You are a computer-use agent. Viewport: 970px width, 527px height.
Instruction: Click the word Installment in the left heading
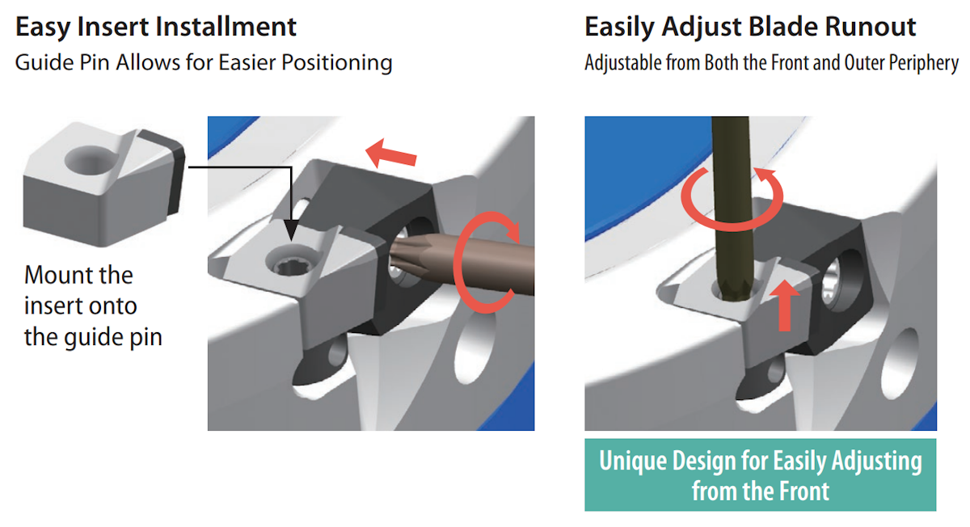click(226, 27)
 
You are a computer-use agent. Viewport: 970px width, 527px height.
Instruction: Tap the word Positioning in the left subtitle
click(337, 64)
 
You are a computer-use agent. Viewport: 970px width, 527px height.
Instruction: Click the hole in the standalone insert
click(90, 159)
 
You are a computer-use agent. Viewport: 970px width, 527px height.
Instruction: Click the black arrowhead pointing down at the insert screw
click(292, 230)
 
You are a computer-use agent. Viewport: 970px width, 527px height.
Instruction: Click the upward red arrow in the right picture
click(785, 306)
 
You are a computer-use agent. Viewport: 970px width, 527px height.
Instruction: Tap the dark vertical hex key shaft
click(731, 208)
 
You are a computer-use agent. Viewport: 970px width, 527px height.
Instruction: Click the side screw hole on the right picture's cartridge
click(839, 280)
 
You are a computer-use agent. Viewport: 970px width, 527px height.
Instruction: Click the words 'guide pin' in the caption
click(113, 337)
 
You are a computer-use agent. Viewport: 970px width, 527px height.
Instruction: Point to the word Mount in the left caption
click(61, 275)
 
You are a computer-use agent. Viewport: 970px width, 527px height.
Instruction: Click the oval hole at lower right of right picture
click(900, 364)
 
